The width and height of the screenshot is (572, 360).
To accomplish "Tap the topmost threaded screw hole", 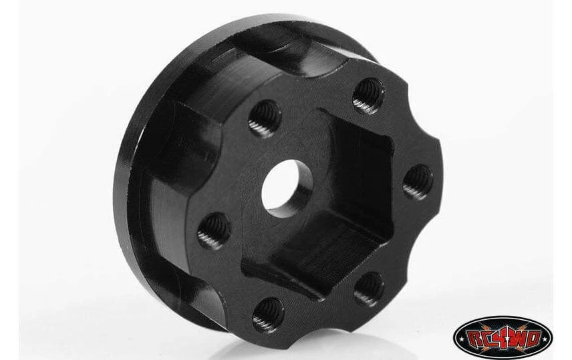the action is tap(368, 96).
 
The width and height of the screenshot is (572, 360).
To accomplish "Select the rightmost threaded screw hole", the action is tap(418, 182).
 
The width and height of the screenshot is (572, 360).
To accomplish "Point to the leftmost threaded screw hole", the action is tap(214, 231).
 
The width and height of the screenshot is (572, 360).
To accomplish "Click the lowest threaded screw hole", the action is tap(268, 315).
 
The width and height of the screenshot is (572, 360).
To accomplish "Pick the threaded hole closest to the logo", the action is tap(369, 289).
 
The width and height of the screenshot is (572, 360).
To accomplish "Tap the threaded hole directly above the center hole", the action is tap(265, 118).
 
